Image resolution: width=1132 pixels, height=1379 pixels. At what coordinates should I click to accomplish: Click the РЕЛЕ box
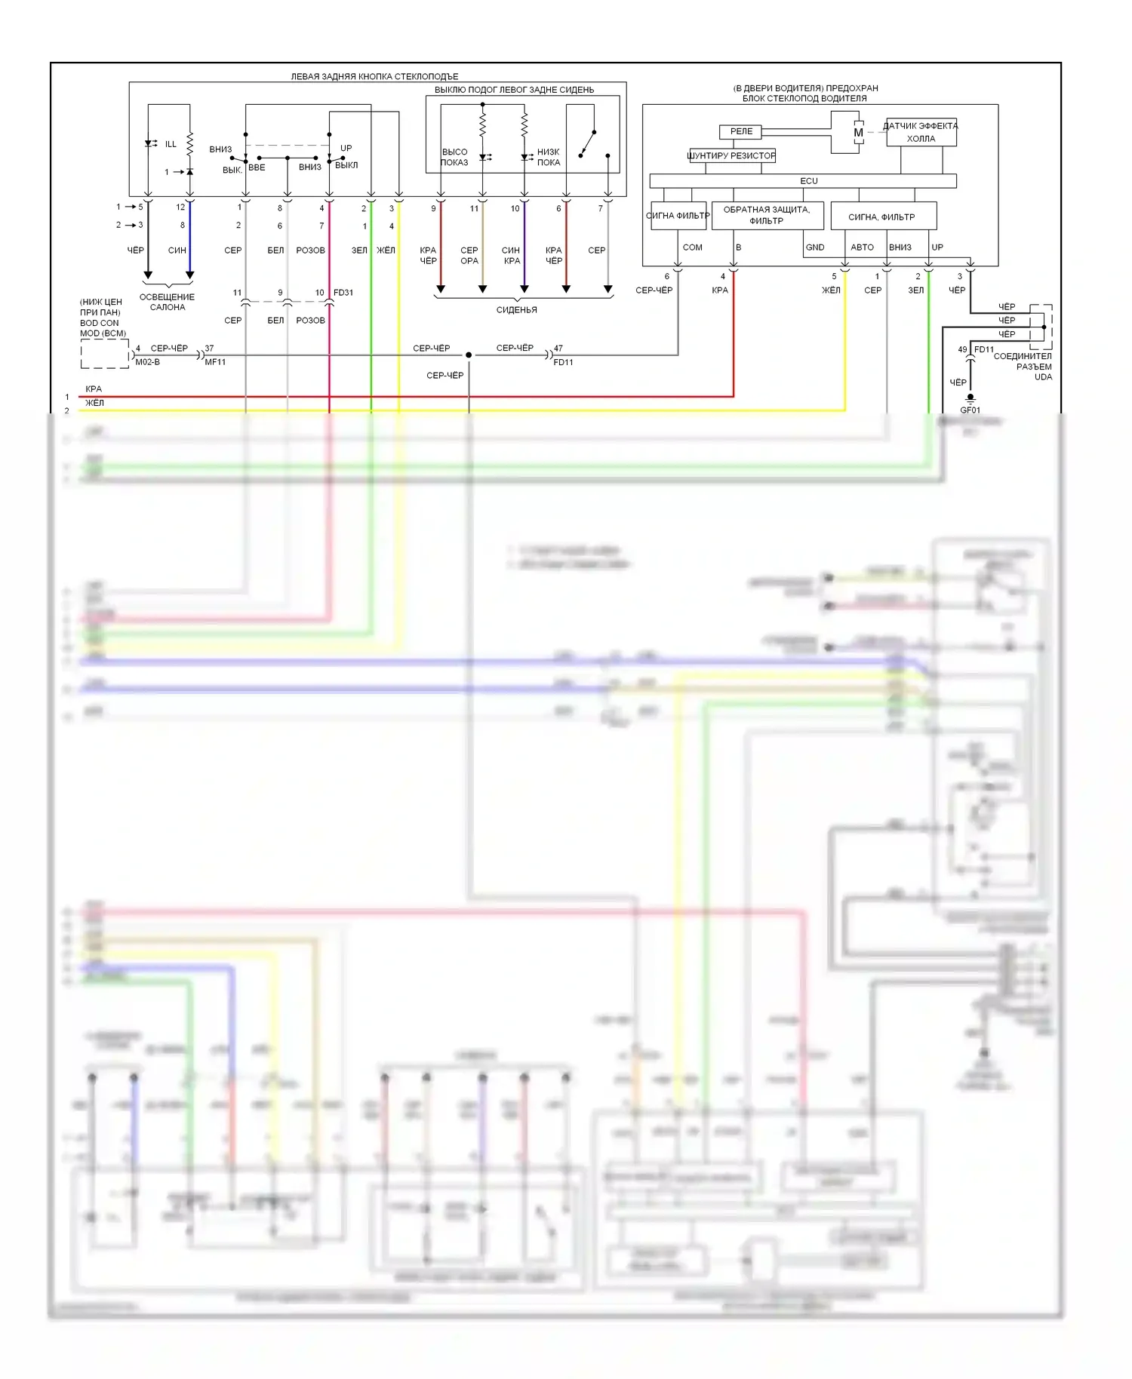pos(741,132)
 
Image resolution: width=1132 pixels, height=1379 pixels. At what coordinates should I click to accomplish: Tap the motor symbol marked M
pos(858,133)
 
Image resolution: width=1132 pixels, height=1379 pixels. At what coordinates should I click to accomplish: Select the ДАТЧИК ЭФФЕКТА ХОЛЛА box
pos(921,132)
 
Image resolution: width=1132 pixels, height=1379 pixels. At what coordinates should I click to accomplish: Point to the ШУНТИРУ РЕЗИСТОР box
pos(731,155)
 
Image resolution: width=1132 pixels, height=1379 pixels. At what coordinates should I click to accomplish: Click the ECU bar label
pos(808,181)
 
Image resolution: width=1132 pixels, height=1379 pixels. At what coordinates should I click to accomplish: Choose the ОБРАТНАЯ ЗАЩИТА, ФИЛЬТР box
pos(767,215)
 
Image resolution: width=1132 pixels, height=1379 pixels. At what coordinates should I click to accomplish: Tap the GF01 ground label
pos(970,410)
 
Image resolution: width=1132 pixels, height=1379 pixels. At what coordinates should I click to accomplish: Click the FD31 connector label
pos(343,293)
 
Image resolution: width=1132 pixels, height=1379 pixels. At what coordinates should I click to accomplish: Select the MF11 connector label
pos(215,362)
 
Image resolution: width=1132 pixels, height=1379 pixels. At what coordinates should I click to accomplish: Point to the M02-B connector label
pos(147,362)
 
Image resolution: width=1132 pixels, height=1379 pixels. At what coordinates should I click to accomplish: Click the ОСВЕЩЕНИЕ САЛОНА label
pos(167,302)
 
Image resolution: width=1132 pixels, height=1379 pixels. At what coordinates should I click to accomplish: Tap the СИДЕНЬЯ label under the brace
pos(517,310)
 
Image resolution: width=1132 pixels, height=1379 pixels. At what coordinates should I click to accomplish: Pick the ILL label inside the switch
pos(171,144)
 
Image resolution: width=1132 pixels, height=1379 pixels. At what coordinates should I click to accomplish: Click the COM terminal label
pos(692,247)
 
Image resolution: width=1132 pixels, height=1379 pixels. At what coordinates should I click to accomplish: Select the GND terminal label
pos(815,247)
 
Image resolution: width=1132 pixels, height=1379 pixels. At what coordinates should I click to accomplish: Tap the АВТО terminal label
pos(862,247)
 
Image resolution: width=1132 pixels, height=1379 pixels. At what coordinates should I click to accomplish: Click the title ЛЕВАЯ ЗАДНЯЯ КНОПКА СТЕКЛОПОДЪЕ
pos(374,76)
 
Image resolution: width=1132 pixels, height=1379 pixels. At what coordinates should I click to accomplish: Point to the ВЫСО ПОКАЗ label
pos(454,157)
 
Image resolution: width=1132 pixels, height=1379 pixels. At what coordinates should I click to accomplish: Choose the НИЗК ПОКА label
pos(549,157)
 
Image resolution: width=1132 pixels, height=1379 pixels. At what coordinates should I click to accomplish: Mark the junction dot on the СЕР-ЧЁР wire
pos(469,355)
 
